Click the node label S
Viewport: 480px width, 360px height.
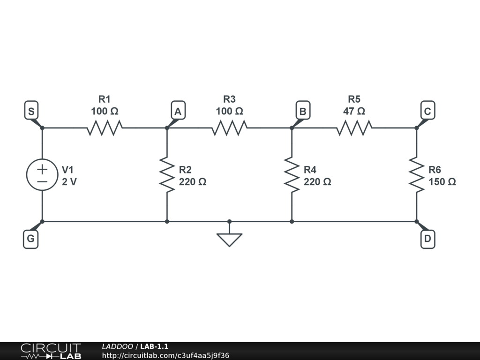coord(31,112)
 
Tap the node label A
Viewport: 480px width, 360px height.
coord(178,112)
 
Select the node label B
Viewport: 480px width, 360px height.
coord(303,112)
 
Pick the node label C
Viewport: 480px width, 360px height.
coord(427,112)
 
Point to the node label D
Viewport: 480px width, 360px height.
coord(427,240)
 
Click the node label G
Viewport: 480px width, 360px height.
coord(30,240)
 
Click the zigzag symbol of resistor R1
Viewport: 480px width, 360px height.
coord(105,127)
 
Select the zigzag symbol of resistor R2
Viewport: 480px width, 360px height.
coord(167,174)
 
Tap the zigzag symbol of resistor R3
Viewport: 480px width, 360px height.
coord(229,127)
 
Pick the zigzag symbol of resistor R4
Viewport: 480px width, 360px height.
coord(292,174)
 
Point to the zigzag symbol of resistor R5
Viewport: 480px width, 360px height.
coord(354,127)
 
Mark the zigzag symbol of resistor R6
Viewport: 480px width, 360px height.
coord(416,174)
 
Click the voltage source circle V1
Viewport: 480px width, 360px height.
coord(42,174)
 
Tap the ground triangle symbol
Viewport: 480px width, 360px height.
coord(229,239)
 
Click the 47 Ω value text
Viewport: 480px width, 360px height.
coord(354,112)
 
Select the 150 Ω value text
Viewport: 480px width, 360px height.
coord(442,182)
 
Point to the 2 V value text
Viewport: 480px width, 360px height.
coord(69,182)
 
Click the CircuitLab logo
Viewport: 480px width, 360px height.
coord(51,351)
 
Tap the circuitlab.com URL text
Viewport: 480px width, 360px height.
coord(165,355)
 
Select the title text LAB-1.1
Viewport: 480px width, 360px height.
coord(154,346)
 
